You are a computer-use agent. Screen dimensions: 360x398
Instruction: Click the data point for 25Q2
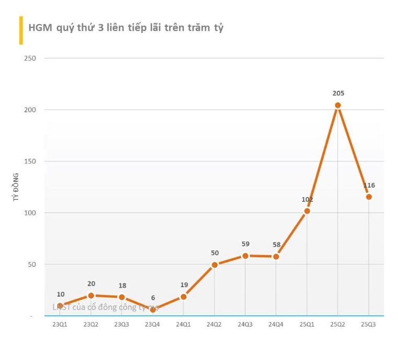pyautogui.click(x=338, y=105)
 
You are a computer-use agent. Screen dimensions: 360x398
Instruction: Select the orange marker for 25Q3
pyautogui.click(x=369, y=197)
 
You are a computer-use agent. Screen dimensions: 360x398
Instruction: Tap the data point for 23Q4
pyautogui.click(x=153, y=310)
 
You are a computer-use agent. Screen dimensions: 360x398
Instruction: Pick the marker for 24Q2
pyautogui.click(x=214, y=265)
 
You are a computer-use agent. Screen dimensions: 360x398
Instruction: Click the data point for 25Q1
pyautogui.click(x=307, y=211)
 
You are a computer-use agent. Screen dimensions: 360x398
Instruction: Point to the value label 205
pyautogui.click(x=338, y=93)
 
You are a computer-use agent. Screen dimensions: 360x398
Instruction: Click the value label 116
pyautogui.click(x=369, y=186)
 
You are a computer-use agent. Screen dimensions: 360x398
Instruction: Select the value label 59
pyautogui.click(x=245, y=244)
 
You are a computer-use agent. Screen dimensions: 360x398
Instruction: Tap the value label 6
pyautogui.click(x=153, y=298)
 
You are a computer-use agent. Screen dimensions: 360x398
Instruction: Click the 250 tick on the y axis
pyautogui.click(x=30, y=58)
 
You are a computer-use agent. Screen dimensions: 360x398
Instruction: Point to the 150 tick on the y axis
pyautogui.click(x=30, y=161)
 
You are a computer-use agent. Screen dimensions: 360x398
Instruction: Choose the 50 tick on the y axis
pyautogui.click(x=31, y=264)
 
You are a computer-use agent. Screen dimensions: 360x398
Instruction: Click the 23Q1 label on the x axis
pyautogui.click(x=60, y=324)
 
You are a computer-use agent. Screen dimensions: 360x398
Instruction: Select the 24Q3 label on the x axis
pyautogui.click(x=245, y=324)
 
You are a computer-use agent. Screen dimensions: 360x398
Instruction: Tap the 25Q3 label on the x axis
pyautogui.click(x=369, y=324)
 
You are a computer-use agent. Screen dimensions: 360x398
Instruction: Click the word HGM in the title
pyautogui.click(x=40, y=28)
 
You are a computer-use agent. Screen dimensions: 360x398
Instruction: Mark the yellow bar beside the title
pyautogui.click(x=21, y=30)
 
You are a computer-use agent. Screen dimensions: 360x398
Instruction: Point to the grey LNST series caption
pyautogui.click(x=105, y=307)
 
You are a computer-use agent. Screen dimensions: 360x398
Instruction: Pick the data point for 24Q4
pyautogui.click(x=276, y=257)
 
